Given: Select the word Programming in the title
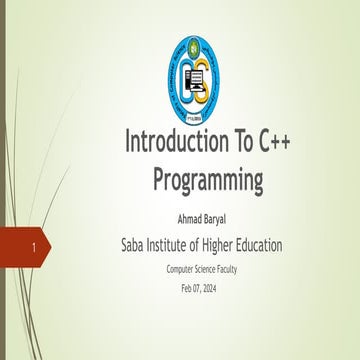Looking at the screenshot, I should point(209,180).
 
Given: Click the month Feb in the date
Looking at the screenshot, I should point(188,288).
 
